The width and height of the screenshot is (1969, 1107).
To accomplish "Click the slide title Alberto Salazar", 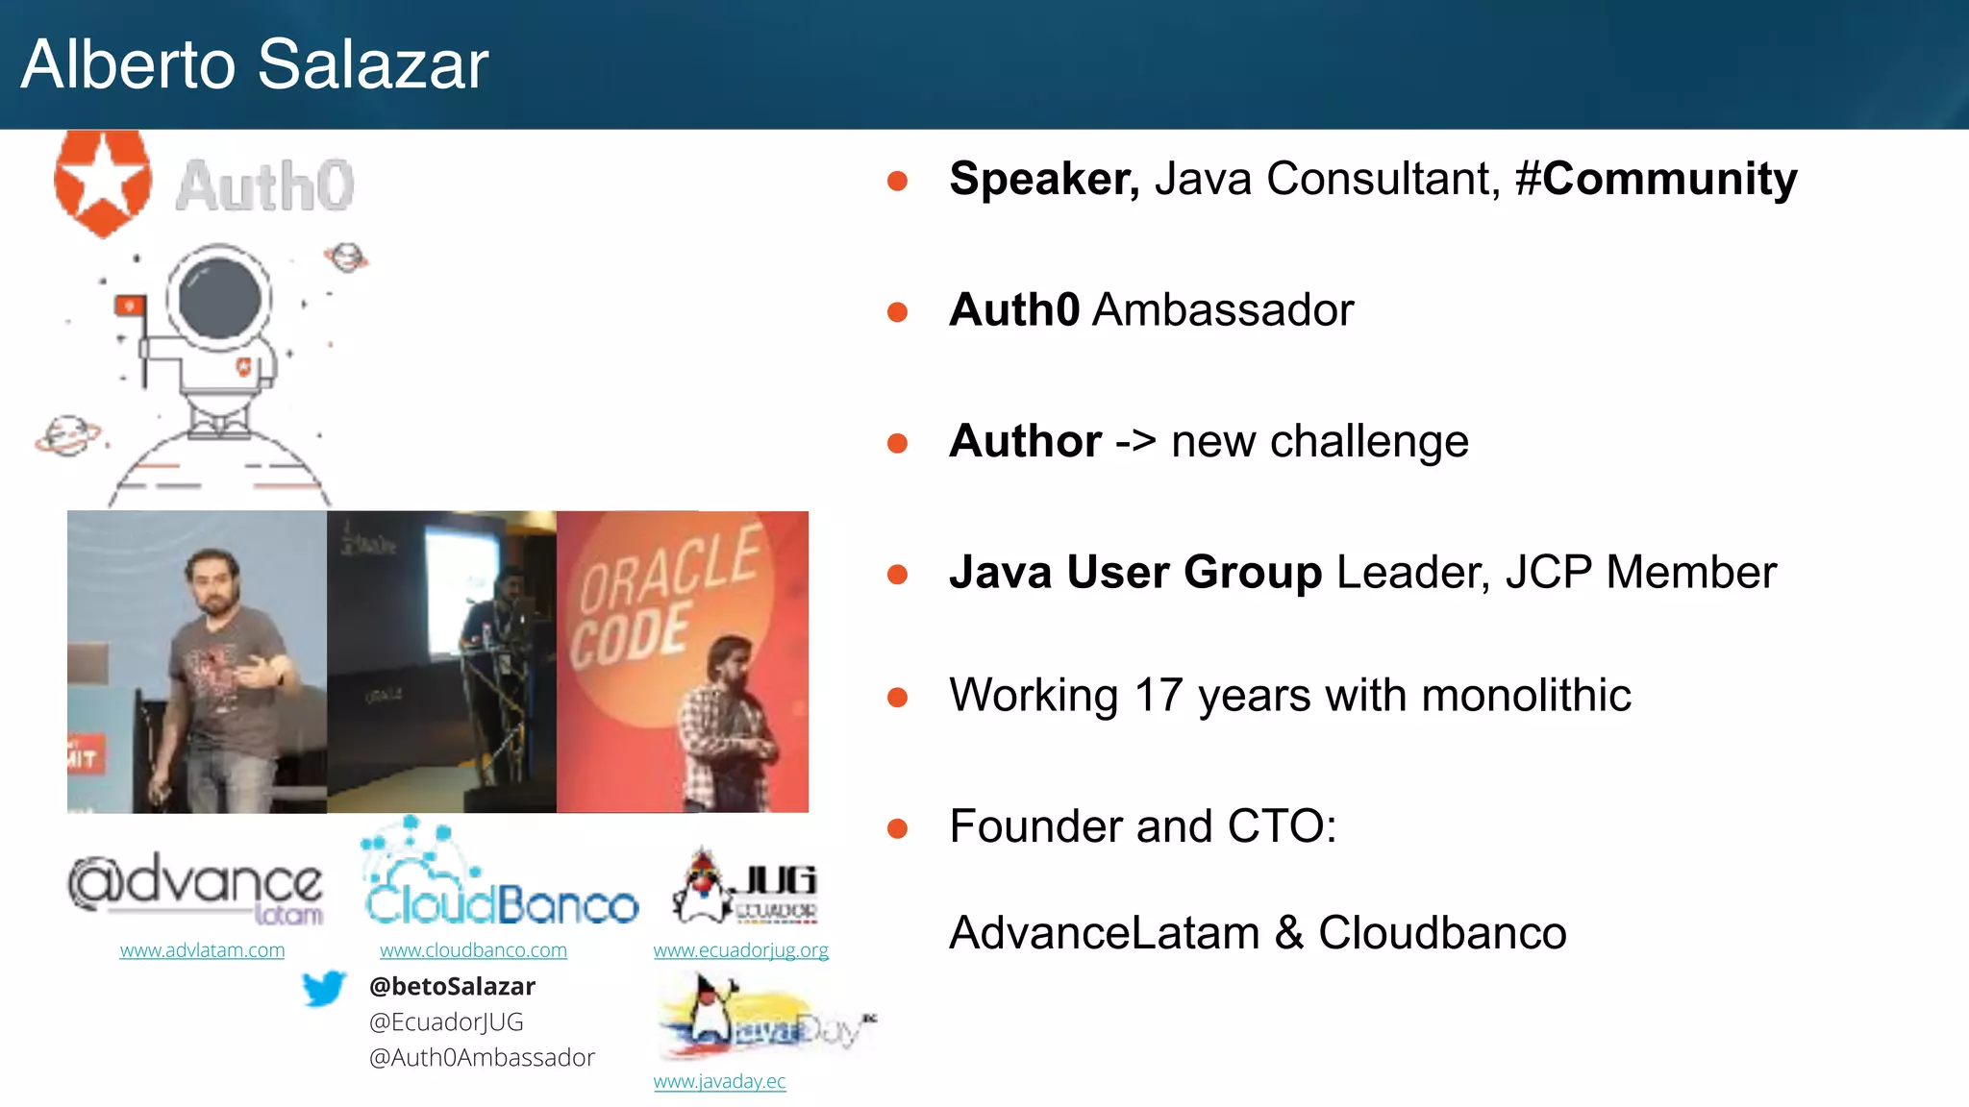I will (x=255, y=65).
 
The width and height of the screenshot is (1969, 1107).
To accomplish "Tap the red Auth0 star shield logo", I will (x=102, y=183).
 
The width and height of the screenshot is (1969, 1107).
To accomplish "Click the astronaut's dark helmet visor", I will (x=219, y=298).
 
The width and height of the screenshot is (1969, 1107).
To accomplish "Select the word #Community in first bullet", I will (x=1656, y=179).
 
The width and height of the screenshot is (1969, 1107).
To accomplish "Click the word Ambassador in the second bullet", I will (x=1223, y=310).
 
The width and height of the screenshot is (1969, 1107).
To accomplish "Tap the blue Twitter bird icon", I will (x=323, y=988).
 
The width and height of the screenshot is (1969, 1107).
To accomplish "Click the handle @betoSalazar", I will (x=452, y=987).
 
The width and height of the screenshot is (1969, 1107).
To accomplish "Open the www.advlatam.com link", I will (x=202, y=950).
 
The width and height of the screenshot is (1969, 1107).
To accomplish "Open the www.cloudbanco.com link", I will (x=473, y=950).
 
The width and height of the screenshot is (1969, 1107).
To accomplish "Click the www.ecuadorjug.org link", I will (x=740, y=950).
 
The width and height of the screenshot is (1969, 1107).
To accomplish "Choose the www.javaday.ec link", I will (x=719, y=1081).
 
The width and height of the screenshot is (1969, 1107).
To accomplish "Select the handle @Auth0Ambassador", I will (x=482, y=1058).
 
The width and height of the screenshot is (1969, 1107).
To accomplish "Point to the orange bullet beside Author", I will (x=897, y=443).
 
